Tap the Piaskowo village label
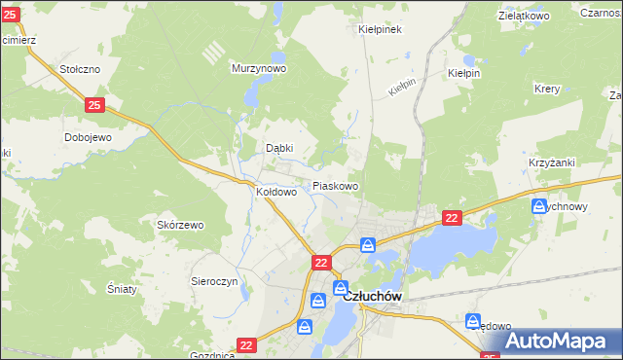tap(335, 186)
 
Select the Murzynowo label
tap(258, 69)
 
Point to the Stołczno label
tap(81, 69)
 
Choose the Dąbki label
tap(279, 148)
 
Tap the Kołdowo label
tap(275, 193)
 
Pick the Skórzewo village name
tap(180, 225)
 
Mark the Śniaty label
tap(121, 289)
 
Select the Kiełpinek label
tap(380, 29)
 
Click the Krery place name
tap(546, 89)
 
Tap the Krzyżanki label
tap(551, 162)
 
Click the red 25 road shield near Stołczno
tap(94, 104)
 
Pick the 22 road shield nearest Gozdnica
tap(248, 344)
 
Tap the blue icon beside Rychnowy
tap(539, 206)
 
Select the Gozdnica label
tap(213, 355)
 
